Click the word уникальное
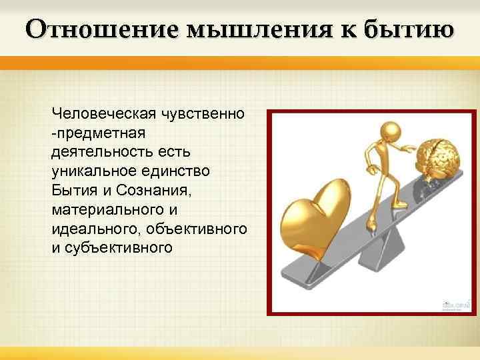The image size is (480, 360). pyautogui.click(x=93, y=171)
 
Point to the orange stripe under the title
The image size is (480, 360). pyautogui.click(x=240, y=62)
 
